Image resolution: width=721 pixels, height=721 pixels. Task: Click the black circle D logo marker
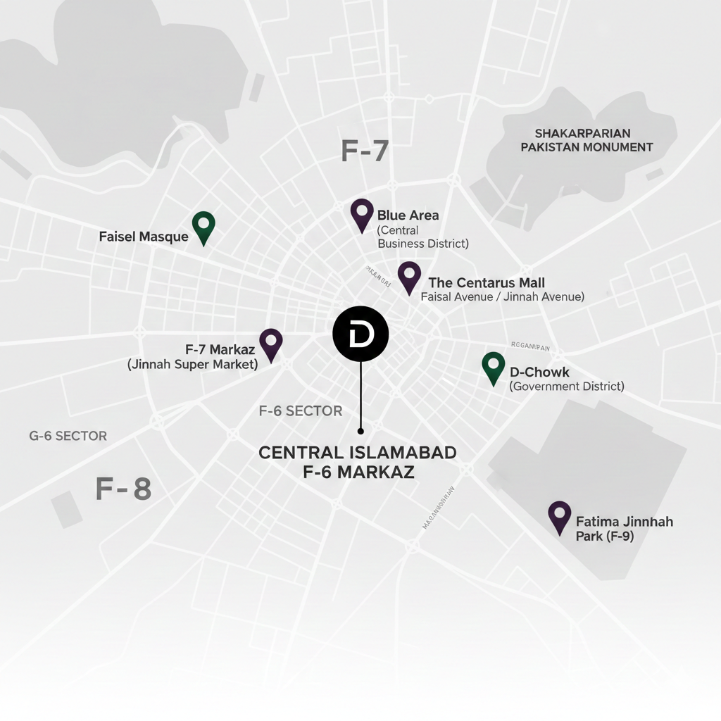[360, 334]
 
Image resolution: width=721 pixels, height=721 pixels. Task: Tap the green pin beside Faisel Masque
[203, 225]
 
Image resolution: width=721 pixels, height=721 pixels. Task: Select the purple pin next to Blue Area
[362, 213]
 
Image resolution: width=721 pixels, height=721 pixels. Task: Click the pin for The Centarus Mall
[409, 275]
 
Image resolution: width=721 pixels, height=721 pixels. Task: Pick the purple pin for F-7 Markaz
[271, 343]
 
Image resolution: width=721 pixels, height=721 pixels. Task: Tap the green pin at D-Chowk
[494, 366]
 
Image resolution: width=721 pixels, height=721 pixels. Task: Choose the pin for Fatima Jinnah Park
[560, 515]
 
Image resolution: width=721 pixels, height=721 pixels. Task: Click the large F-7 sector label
[365, 151]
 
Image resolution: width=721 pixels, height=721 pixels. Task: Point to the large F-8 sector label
[123, 488]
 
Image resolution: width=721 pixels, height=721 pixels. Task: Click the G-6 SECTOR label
[68, 436]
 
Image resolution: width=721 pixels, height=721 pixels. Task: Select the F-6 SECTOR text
[301, 411]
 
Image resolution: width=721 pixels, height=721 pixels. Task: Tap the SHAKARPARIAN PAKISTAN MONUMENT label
[587, 140]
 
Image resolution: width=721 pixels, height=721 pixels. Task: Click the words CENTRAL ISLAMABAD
[358, 453]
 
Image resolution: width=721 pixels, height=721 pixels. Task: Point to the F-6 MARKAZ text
[358, 472]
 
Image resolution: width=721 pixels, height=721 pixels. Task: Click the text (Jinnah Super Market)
[192, 364]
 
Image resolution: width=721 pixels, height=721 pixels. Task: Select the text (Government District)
[567, 386]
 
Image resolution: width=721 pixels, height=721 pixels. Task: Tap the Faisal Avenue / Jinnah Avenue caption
[502, 296]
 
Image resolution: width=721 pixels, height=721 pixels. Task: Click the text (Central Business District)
[422, 237]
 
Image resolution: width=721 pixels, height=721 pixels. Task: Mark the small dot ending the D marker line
[360, 430]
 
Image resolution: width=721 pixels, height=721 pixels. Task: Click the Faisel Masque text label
[144, 237]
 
